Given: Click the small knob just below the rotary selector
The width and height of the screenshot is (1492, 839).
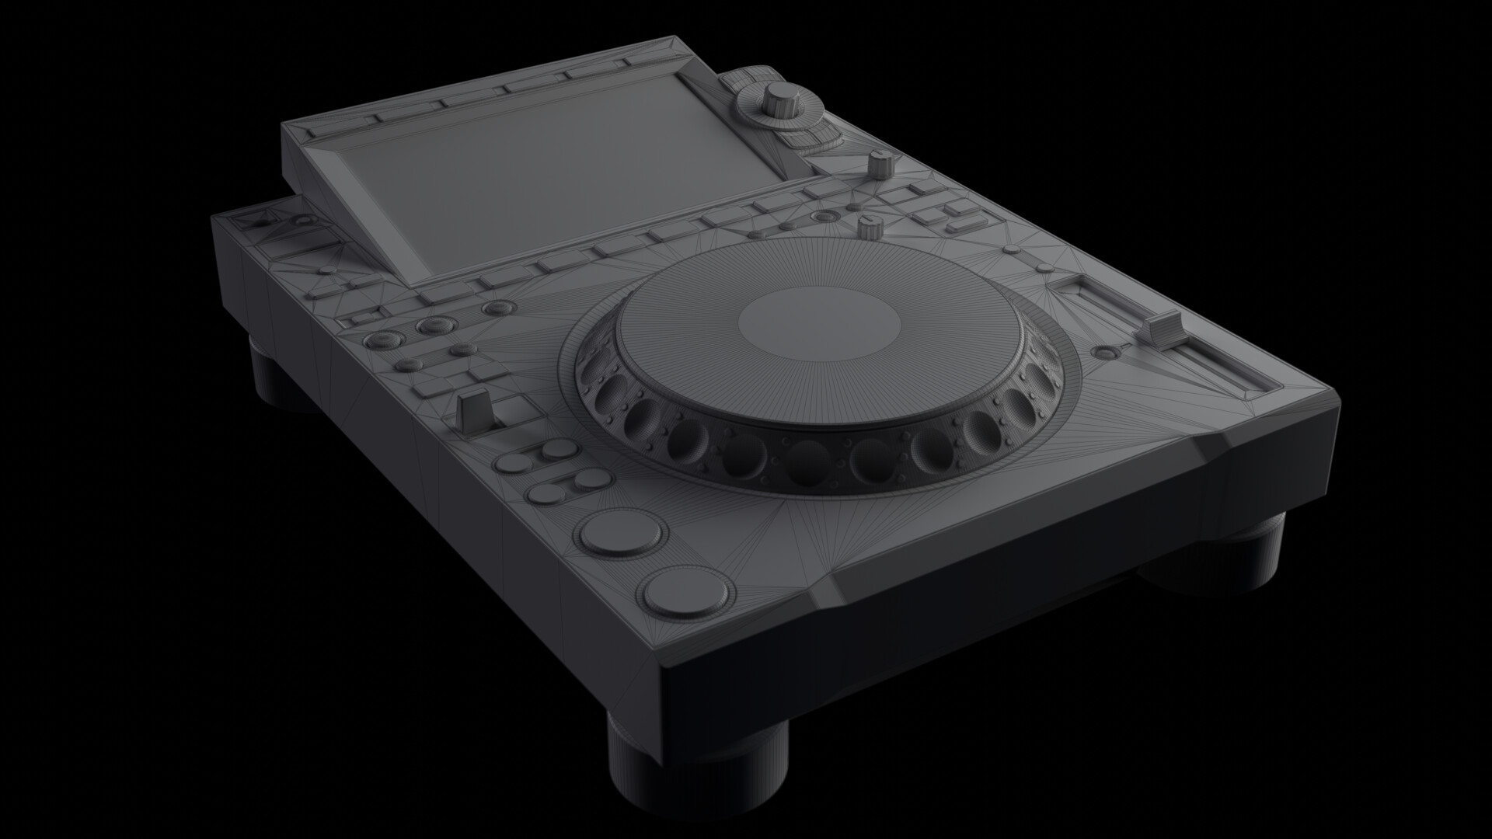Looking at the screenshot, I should [x=880, y=164].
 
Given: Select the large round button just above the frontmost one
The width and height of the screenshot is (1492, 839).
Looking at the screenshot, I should [x=623, y=533].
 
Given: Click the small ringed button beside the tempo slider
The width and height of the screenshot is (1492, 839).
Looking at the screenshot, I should [x=1103, y=353].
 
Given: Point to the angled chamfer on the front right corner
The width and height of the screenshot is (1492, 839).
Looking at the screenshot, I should [x=1243, y=451].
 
